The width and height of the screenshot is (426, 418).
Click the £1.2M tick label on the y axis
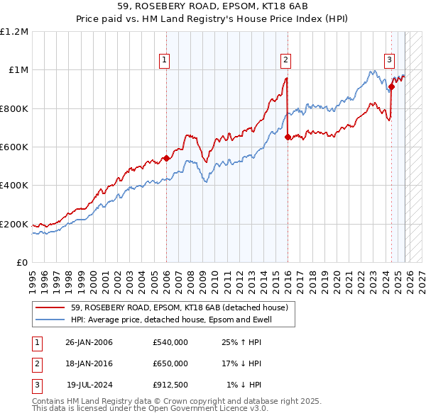(14, 31)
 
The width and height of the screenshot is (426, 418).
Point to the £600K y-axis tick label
(14, 147)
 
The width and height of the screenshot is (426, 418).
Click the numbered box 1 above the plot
(165, 60)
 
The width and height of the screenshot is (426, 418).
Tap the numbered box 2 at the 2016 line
(285, 60)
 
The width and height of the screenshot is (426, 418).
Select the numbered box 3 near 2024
(390, 60)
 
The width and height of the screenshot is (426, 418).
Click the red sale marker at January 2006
(166, 158)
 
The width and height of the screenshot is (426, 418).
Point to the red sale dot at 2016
(288, 137)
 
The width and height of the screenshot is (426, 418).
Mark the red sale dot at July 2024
(391, 87)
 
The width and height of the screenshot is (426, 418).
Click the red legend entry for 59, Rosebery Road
(178, 307)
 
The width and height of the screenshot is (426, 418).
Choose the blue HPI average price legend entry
(170, 320)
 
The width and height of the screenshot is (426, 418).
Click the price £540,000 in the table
(170, 342)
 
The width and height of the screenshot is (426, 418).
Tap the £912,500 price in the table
(170, 385)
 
